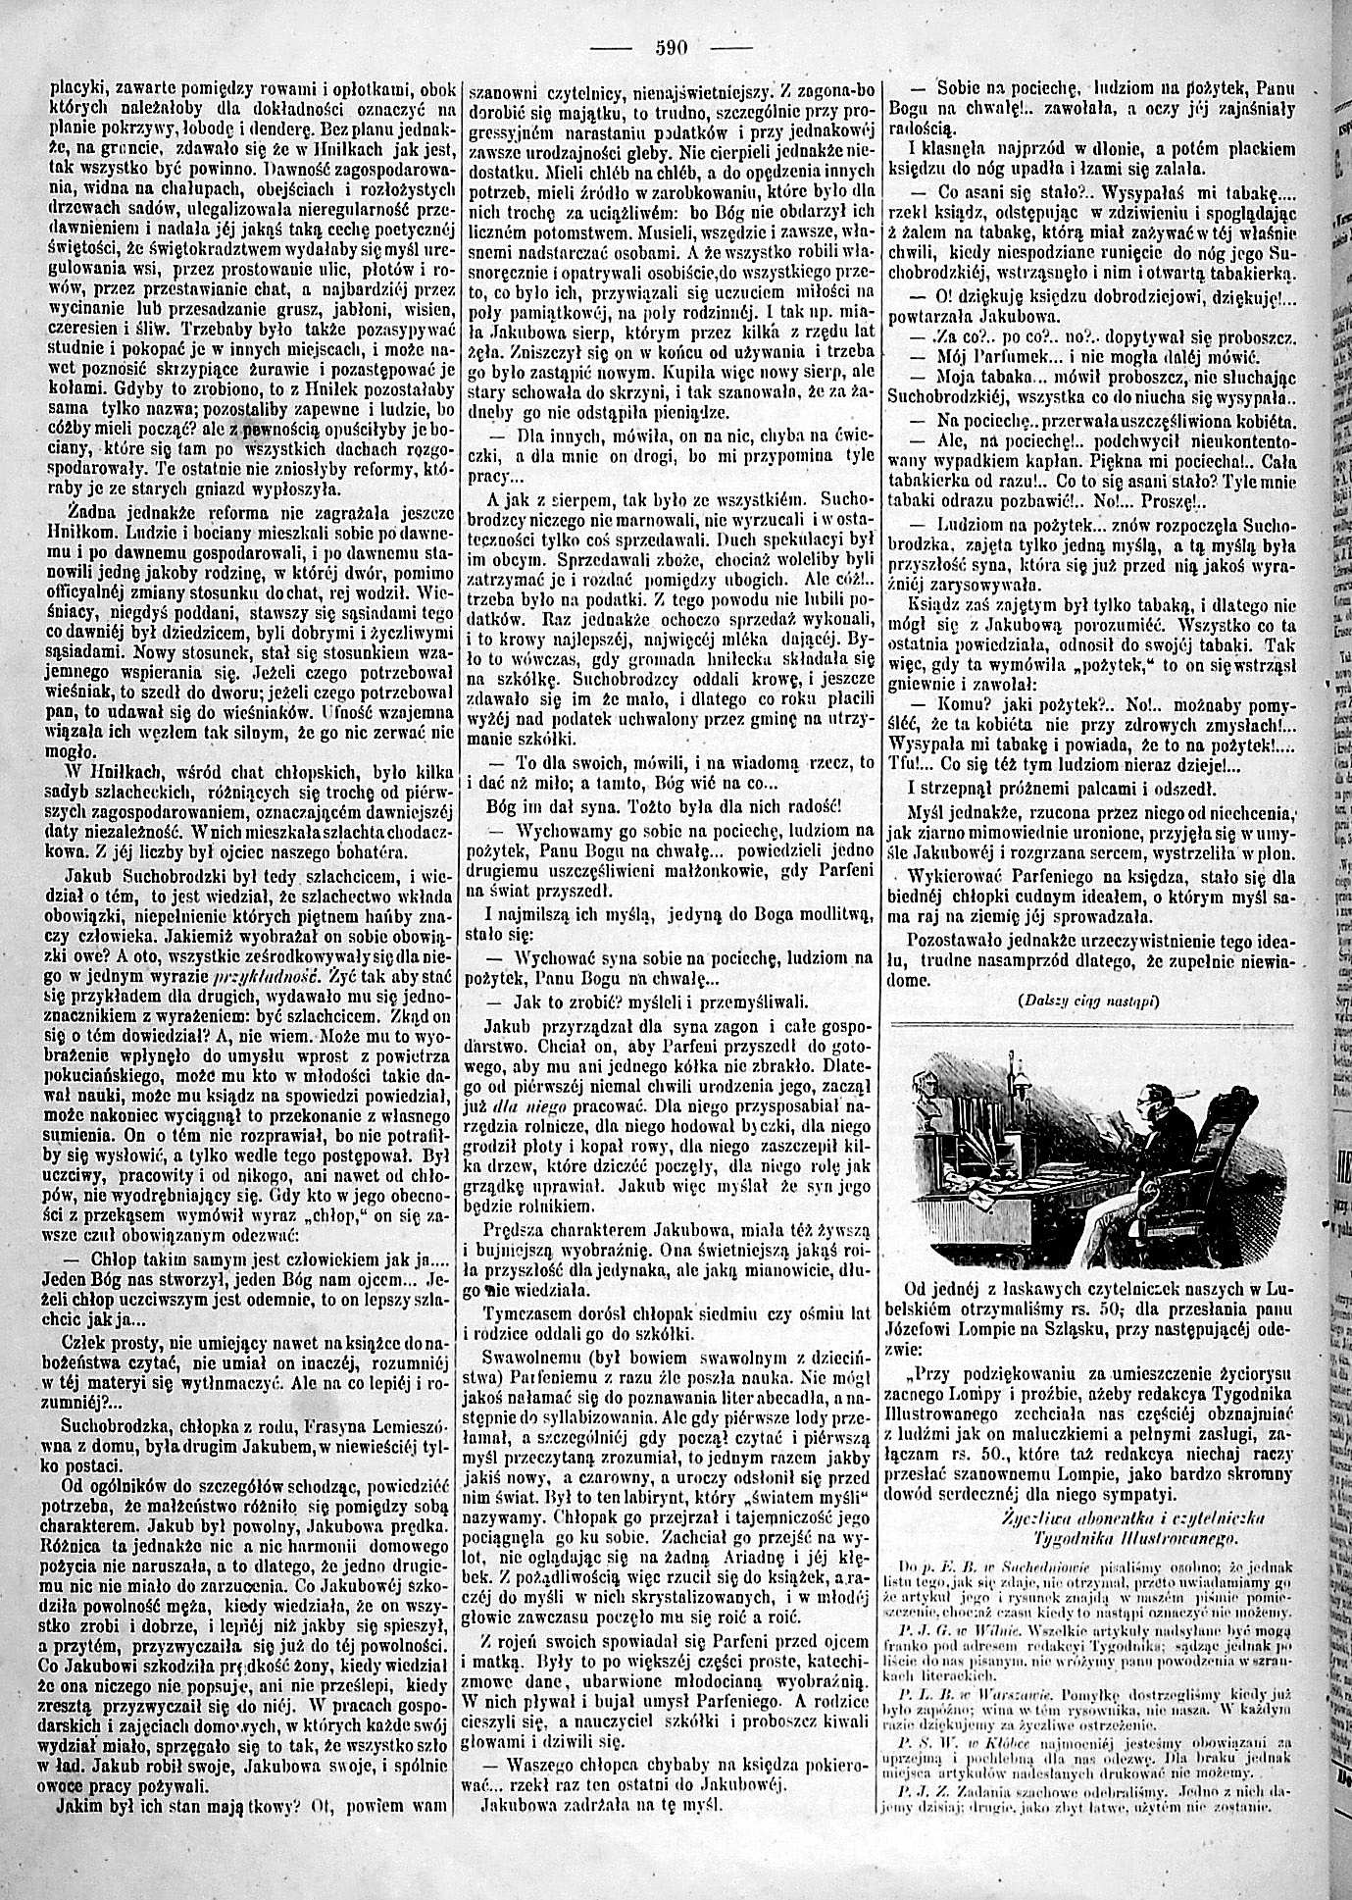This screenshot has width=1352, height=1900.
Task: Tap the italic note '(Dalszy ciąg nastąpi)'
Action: pyautogui.click(x=1088, y=1001)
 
